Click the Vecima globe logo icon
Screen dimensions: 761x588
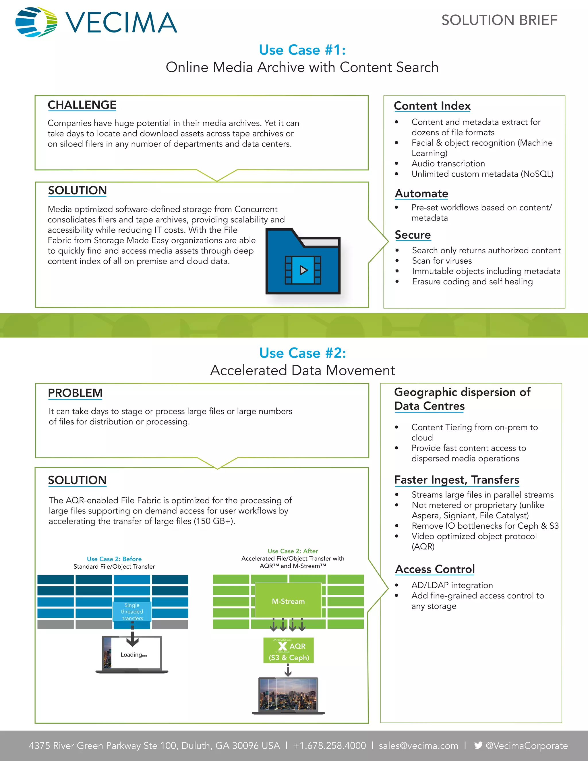[x=36, y=22]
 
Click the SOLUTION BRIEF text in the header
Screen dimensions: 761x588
[x=499, y=20]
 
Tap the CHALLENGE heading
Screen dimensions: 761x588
[x=82, y=105]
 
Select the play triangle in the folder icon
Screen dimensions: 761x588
[x=303, y=270]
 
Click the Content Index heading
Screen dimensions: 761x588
[x=432, y=106]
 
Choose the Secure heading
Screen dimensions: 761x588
[x=413, y=235]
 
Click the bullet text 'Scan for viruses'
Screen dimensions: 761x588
[x=442, y=261]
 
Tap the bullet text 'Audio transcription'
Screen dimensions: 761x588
[x=448, y=163]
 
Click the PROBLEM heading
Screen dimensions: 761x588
[x=75, y=393]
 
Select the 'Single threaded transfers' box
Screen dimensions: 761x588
[x=132, y=611]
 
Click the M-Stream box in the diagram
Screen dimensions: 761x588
[x=288, y=601]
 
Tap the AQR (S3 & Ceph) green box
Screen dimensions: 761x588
[x=289, y=650]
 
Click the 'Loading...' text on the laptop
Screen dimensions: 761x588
[x=134, y=655]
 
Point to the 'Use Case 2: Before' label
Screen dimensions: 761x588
[x=114, y=559]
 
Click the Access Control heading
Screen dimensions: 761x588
[x=435, y=569]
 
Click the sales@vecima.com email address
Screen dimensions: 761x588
[x=418, y=746]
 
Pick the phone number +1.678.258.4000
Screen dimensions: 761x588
[x=329, y=746]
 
